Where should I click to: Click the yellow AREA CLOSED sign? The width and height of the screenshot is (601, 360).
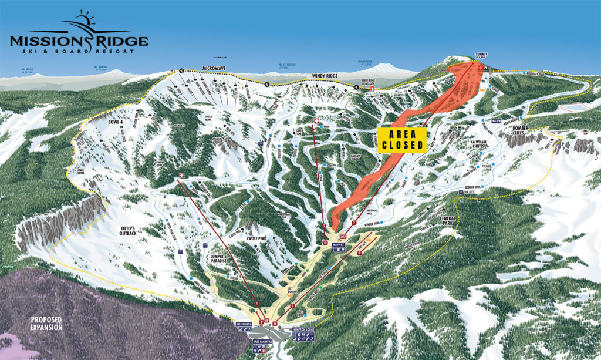coord(402,140)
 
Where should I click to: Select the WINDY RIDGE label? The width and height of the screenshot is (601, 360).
coord(325,76)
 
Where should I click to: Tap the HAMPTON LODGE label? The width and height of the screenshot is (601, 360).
coord(307,331)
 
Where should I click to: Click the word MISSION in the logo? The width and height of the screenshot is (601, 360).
coord(45,42)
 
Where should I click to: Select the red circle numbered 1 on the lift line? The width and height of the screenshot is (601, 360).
coord(292,306)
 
